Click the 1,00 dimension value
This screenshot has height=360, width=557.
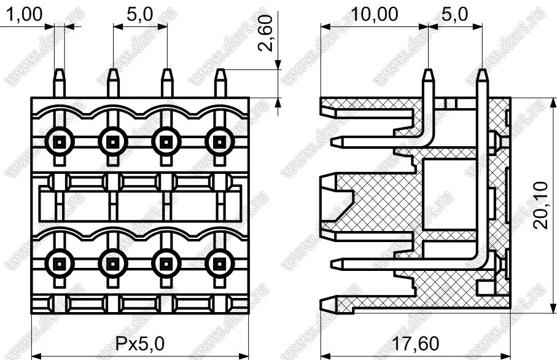25,15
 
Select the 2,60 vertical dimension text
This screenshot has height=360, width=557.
266,33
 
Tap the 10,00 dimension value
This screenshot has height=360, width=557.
375,15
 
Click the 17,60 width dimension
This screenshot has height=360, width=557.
415,343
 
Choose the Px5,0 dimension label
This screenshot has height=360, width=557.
140,343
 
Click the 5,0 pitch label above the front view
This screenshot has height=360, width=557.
140,15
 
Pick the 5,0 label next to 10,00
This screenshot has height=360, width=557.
455,15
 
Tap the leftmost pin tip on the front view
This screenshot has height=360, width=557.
60,69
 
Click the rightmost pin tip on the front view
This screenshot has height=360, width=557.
220,69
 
